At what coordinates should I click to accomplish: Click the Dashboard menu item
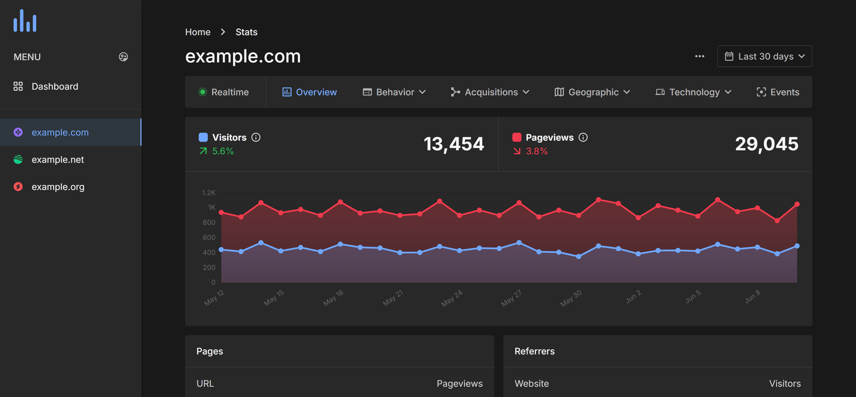54,87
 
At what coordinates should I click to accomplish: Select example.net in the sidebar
57,160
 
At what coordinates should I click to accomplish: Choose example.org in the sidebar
58,187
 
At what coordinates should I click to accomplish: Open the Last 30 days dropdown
765,56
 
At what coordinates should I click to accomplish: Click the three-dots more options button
699,56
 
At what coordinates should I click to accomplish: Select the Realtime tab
224,92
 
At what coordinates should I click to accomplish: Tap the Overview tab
310,92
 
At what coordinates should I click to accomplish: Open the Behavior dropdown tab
394,92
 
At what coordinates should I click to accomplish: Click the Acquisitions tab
490,92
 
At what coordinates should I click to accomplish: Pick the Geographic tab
592,92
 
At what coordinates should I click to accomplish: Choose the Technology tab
693,92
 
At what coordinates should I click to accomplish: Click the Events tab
778,92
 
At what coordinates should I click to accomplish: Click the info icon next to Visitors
256,138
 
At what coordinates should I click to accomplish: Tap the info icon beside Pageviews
583,138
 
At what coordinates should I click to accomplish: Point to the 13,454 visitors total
454,144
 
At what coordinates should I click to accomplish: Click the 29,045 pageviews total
767,144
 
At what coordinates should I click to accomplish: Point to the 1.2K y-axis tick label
209,193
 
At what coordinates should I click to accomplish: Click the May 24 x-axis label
452,298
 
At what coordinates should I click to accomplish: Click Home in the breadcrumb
197,32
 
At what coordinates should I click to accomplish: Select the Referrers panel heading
534,351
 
